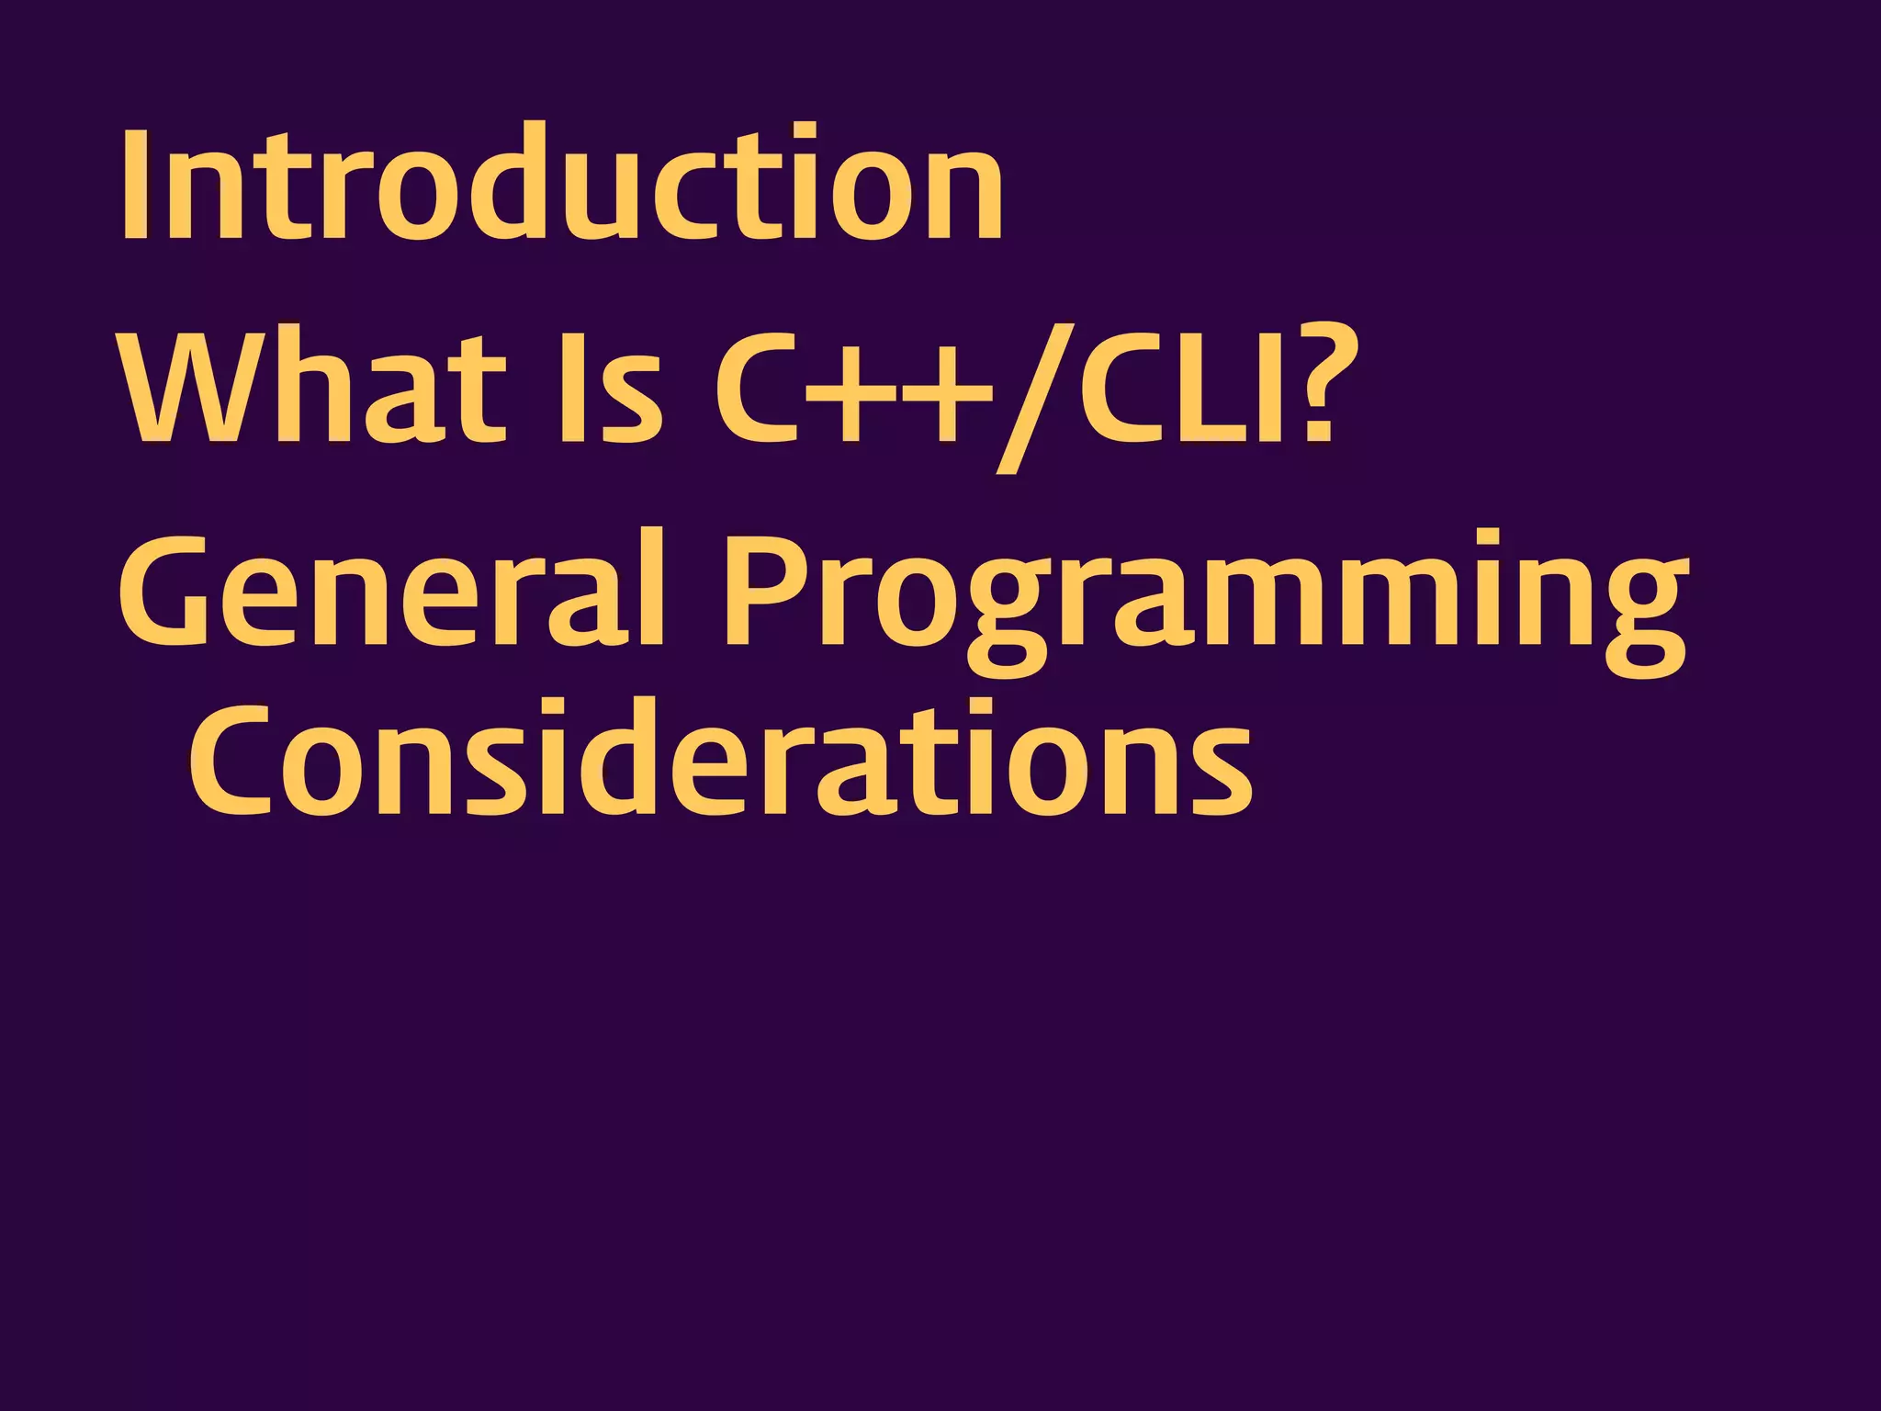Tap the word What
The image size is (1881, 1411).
click(x=312, y=386)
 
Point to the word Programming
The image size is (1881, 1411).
click(x=1203, y=597)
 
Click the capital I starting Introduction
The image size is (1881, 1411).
click(x=135, y=184)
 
